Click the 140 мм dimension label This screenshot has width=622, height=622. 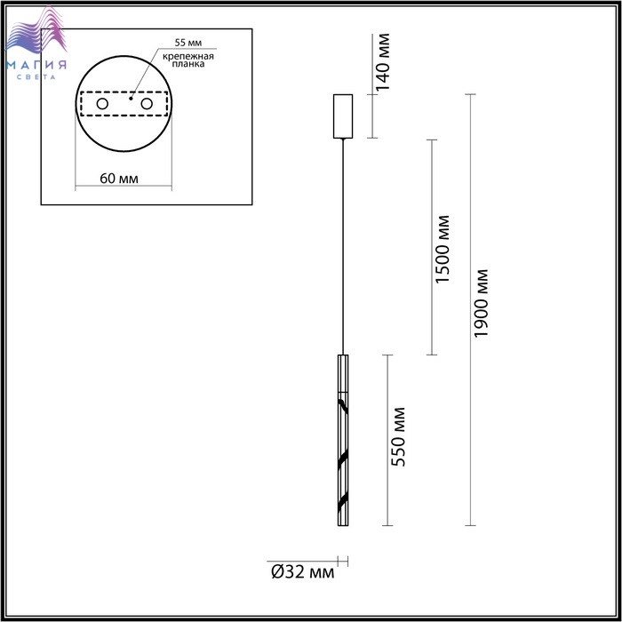382,62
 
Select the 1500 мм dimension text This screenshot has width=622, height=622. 443,249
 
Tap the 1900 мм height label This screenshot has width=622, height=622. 481,304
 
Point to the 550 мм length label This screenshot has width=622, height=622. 398,437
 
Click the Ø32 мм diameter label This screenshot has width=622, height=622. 303,572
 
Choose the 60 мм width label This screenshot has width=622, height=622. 119,179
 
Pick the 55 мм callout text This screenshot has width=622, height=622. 188,43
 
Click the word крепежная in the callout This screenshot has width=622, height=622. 188,56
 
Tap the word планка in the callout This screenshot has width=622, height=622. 188,64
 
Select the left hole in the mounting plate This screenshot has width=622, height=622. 102,104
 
